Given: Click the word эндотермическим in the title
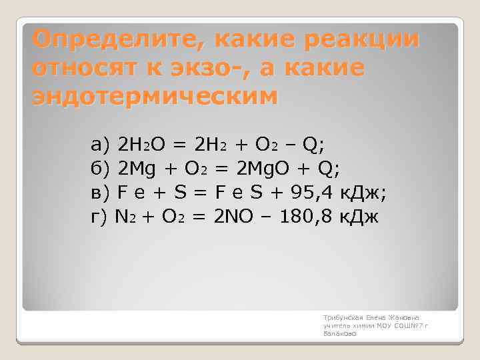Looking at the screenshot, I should point(153,97).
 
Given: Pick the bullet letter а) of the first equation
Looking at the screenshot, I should point(100,143).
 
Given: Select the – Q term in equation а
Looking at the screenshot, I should point(308,143).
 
